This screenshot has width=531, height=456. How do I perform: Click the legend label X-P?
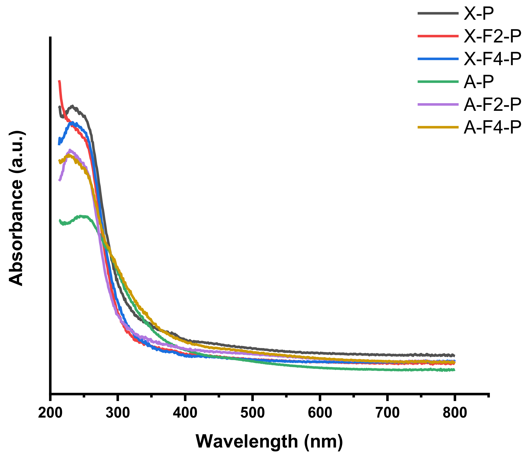pos(478,14)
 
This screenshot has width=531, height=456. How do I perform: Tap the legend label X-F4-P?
pos(492,59)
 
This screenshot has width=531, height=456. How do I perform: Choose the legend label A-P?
pos(478,82)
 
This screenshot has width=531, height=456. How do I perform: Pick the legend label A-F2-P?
pos(492,105)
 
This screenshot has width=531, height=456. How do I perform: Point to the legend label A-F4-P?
pos(492,127)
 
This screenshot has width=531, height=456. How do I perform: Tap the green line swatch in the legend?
pos(438,82)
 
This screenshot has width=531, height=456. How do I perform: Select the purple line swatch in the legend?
pos(438,105)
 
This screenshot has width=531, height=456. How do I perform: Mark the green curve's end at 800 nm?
pos(454,370)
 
